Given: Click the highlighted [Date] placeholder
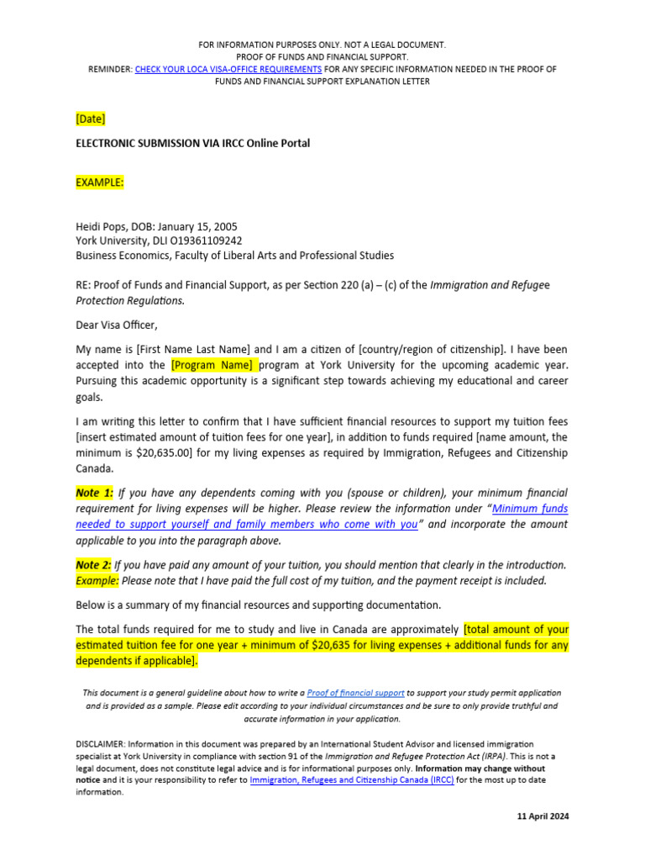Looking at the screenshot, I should pos(91,119).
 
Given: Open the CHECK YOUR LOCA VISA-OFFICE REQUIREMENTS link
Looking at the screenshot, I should pos(228,69).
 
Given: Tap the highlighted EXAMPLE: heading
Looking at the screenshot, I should pos(100,182).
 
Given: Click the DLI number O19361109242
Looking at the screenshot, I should pos(207,240).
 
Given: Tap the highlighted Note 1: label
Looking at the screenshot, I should pos(94,493).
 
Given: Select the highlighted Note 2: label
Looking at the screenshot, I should pos(94,564).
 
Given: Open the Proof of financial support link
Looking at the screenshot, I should pos(356,693).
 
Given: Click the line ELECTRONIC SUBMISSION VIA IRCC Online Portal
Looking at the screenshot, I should pos(192,143).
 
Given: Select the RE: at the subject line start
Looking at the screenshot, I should pos(83,285).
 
